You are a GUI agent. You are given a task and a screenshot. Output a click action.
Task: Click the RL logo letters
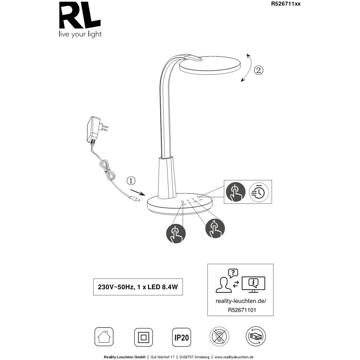(79, 17)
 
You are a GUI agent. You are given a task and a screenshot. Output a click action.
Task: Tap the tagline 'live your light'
(79, 35)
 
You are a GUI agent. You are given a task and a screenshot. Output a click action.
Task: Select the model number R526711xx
(285, 4)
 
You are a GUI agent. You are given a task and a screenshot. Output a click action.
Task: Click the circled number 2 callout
(258, 70)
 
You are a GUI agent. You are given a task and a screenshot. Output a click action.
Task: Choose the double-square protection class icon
(143, 337)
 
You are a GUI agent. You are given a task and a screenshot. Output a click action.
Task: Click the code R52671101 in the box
(240, 309)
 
